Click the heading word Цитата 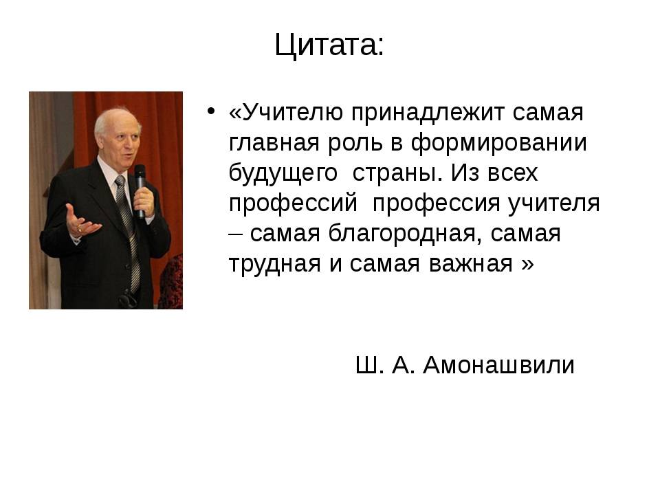pyautogui.click(x=326, y=45)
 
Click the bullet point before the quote pyautogui.click(x=211, y=111)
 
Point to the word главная pyautogui.click(x=274, y=142)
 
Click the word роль pyautogui.click(x=355, y=144)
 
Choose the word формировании pyautogui.click(x=498, y=144)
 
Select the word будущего pyautogui.click(x=283, y=173)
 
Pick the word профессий pyautogui.click(x=293, y=204)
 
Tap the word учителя pyautogui.click(x=553, y=204)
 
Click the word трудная pyautogui.click(x=275, y=265)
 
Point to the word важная pyautogui.click(x=470, y=265)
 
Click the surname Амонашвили pyautogui.click(x=499, y=364)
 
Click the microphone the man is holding pyautogui.click(x=140, y=190)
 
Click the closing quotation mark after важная pyautogui.click(x=527, y=265)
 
